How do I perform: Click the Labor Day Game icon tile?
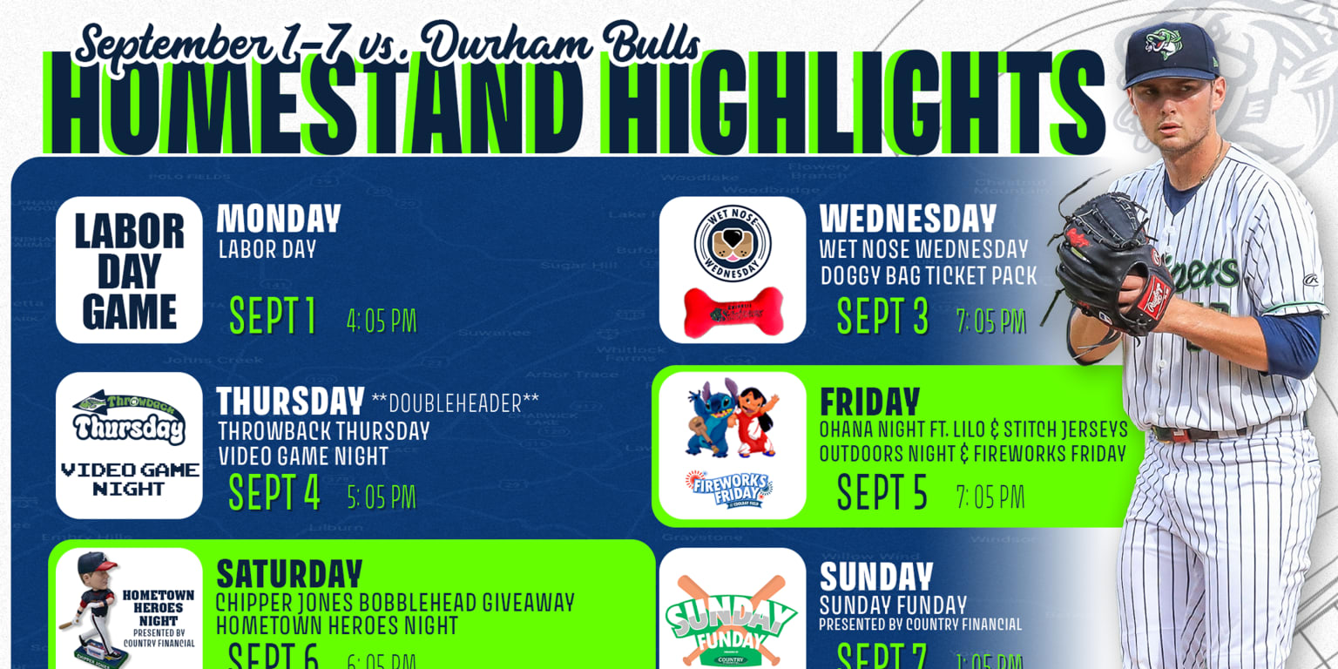(x=129, y=269)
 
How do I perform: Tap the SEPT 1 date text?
(x=273, y=316)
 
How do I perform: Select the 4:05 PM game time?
(x=382, y=321)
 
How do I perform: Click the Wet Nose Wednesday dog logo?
(x=733, y=243)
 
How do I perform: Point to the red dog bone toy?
(x=733, y=311)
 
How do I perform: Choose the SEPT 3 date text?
(x=882, y=316)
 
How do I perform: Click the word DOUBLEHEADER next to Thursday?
(x=455, y=402)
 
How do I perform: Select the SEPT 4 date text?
(x=274, y=492)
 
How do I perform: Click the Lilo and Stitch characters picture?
(x=732, y=417)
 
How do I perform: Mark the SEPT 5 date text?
(x=882, y=492)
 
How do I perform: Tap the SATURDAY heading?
(x=288, y=574)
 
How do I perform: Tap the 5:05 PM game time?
(x=382, y=497)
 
